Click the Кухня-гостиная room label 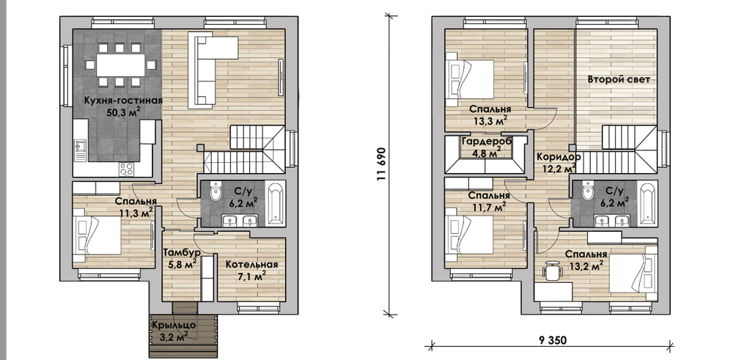(123, 100)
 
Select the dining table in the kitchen (121, 65)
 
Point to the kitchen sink (81, 150)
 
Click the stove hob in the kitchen (126, 169)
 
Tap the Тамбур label (182, 252)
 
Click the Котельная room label (251, 265)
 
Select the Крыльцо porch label (173, 325)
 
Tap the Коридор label (558, 157)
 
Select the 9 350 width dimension (549, 340)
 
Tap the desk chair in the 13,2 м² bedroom (553, 271)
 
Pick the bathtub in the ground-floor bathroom (276, 204)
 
